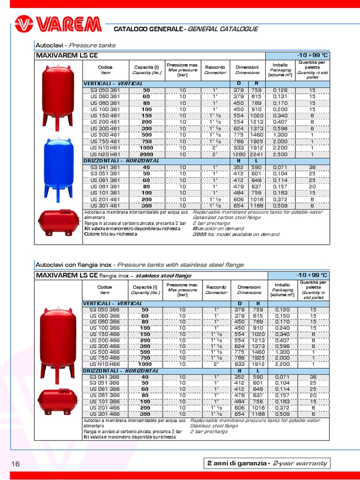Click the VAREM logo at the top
(58, 24)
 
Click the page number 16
(15, 464)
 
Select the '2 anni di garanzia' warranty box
(267, 463)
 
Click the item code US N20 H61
(105, 154)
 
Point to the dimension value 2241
(256, 154)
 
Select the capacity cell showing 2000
(146, 154)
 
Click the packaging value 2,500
(280, 154)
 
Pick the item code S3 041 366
(105, 376)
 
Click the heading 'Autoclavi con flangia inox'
(75, 265)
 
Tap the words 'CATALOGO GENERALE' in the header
(150, 29)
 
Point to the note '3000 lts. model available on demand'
(235, 234)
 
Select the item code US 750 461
(105, 141)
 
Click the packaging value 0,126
(280, 90)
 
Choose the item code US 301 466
(105, 414)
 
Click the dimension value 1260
(240, 154)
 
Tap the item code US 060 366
(105, 316)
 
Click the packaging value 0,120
(280, 310)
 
